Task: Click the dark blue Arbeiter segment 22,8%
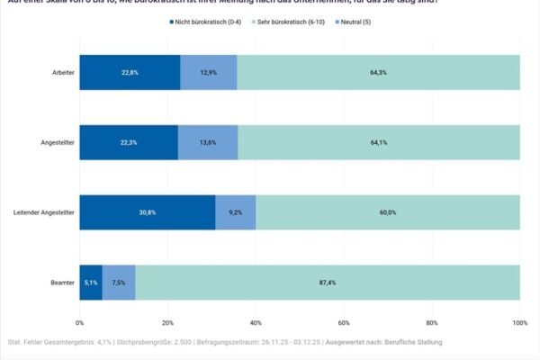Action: coord(130,72)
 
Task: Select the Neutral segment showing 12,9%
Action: coord(208,72)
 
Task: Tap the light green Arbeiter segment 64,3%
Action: coord(378,72)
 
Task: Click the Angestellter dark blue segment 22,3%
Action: coord(129,142)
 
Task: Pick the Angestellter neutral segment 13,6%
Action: coord(208,142)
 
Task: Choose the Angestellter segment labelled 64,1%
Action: coord(379,142)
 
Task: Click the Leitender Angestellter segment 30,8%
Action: coord(148,212)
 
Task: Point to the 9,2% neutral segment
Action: coord(236,212)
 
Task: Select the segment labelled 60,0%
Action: coord(388,212)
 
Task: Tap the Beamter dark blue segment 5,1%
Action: coord(91,283)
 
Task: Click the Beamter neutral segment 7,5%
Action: coord(119,283)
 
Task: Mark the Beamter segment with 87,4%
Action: coord(328,283)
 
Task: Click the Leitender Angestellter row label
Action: coord(44,212)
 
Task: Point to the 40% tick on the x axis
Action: coord(256,322)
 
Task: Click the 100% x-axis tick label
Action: coord(519,322)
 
